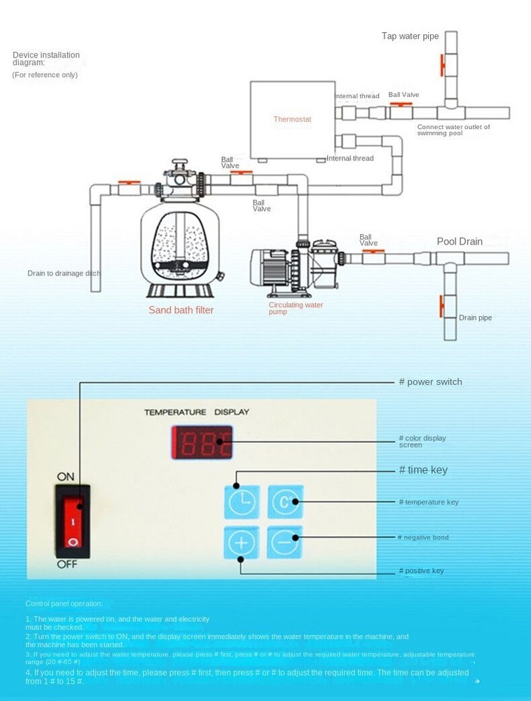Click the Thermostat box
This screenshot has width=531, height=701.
tap(292, 119)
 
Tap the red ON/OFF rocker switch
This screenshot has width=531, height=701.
tap(73, 521)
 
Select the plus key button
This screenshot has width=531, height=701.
tap(242, 543)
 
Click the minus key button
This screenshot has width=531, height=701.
tap(284, 542)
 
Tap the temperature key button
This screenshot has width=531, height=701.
tap(284, 502)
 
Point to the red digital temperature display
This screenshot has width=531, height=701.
tap(202, 442)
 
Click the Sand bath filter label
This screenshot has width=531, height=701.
tap(181, 310)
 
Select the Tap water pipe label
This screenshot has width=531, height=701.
tap(410, 36)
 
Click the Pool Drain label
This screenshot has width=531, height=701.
tap(460, 242)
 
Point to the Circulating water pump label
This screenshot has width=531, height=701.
tap(295, 308)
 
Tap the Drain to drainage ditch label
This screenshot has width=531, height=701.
tap(64, 273)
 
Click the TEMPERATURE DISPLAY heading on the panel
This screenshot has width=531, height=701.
tap(196, 412)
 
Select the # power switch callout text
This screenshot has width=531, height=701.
tap(430, 382)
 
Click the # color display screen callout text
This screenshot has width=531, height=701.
tap(422, 441)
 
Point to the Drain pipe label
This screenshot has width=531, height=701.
tap(475, 318)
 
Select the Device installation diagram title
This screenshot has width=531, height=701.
tap(46, 59)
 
